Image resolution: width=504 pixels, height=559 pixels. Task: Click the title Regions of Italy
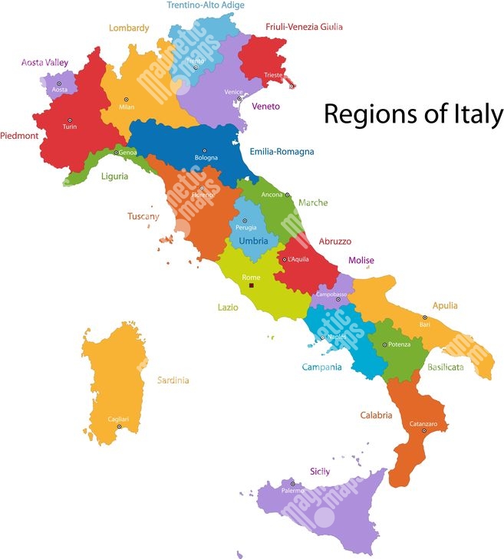(413, 114)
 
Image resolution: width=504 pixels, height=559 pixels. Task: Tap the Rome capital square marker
(251, 286)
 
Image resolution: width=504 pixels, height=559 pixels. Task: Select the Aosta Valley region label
(44, 62)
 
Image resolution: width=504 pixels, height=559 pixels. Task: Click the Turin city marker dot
(70, 120)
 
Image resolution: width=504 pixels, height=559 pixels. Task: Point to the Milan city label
(127, 107)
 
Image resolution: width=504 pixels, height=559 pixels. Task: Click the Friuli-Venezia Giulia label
(305, 27)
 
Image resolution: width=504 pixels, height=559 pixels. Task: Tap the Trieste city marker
(292, 85)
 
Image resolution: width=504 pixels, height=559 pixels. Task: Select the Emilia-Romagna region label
(282, 152)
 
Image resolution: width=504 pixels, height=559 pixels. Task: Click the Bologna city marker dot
(204, 151)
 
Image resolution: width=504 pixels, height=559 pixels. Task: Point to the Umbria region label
(253, 241)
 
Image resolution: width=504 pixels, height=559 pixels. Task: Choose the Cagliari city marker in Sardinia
(119, 426)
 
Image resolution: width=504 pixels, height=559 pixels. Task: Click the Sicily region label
(320, 472)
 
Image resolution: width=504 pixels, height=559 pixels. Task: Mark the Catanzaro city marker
(424, 431)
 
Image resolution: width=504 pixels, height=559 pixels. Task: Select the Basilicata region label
(446, 367)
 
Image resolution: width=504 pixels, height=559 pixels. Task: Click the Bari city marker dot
(424, 317)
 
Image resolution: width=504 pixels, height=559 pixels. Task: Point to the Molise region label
(361, 261)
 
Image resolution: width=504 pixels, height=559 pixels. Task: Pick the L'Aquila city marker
(285, 259)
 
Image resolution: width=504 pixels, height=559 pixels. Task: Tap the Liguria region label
(114, 176)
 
